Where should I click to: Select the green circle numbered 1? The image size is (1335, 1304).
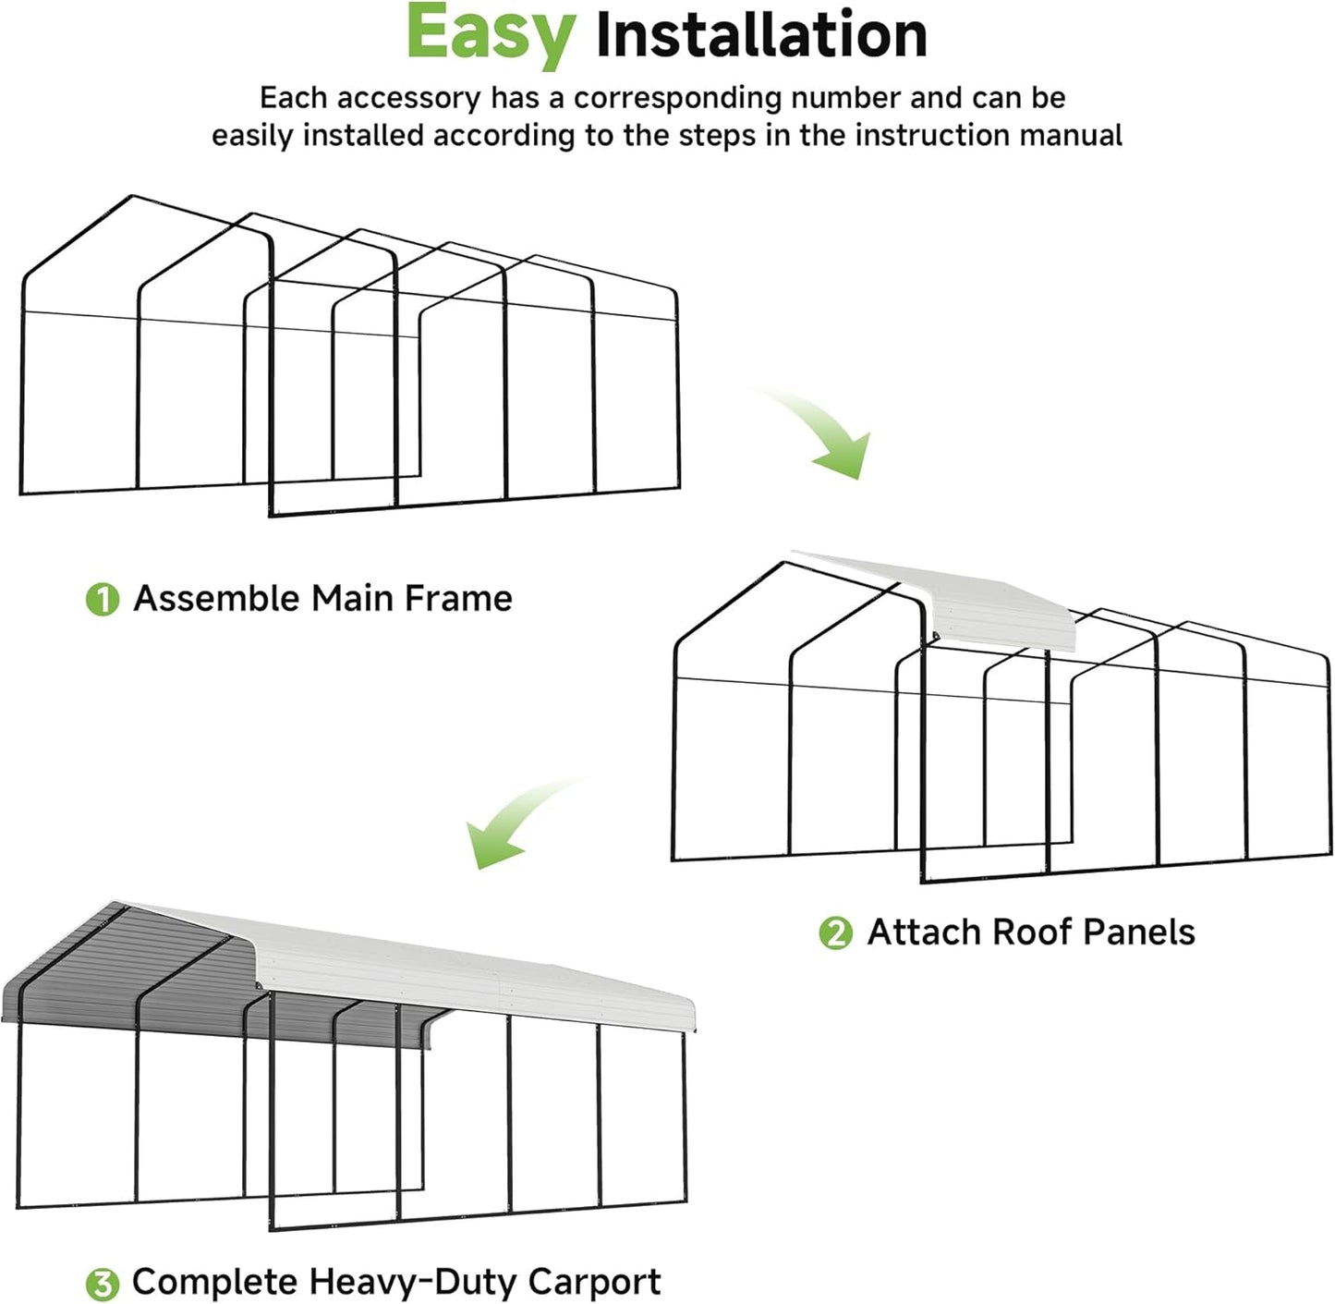(x=103, y=599)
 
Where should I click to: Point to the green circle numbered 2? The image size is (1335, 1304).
(x=836, y=932)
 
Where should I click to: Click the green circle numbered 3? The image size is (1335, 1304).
(x=103, y=1284)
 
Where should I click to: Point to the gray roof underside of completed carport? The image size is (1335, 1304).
(x=139, y=970)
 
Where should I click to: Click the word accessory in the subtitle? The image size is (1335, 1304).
(x=415, y=98)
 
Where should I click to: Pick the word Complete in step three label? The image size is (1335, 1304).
(x=214, y=1282)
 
